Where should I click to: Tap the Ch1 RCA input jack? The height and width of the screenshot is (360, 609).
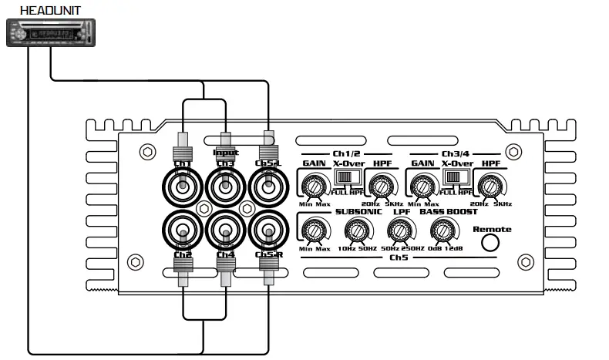182,187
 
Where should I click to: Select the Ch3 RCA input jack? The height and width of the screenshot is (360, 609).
224,187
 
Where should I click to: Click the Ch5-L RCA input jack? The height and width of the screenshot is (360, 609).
267,187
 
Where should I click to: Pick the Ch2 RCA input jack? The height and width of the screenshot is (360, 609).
182,229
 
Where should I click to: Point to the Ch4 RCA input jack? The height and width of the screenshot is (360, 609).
224,229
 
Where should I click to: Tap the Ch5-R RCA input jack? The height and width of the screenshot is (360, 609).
267,229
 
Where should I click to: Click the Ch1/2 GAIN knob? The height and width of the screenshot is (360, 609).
313,186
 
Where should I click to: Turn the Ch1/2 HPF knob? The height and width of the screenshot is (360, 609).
380,186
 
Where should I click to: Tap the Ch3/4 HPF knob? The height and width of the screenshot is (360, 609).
488,186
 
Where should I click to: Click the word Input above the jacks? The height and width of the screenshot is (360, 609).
225,153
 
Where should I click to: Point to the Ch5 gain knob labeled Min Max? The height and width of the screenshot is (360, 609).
312,230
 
